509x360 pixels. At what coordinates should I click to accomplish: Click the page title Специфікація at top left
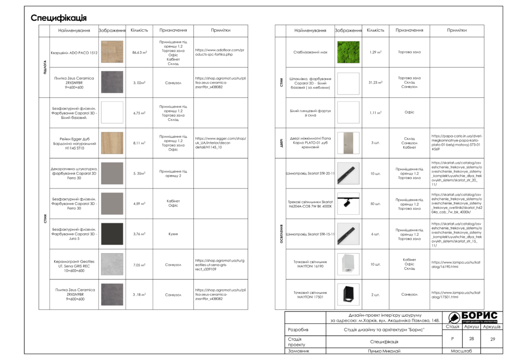59,18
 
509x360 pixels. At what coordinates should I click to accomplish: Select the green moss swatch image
348,52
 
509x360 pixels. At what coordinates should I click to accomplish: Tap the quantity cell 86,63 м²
140,52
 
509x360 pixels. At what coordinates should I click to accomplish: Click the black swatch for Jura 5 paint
112,234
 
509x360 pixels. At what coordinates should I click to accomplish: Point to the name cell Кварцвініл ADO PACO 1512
74,52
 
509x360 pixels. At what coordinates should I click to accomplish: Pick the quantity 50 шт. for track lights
375,204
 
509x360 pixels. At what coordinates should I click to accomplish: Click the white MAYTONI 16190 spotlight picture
348,264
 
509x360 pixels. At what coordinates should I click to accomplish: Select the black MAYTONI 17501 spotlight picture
348,294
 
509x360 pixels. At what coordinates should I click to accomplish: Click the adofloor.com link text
220,52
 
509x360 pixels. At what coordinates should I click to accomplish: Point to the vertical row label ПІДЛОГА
45,67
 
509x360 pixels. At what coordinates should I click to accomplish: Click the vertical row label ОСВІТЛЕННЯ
281,234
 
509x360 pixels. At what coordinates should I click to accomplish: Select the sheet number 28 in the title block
471,339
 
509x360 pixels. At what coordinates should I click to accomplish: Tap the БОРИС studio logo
472,317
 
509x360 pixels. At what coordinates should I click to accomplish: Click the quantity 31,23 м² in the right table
375,83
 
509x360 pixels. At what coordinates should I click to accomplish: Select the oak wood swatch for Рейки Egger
112,143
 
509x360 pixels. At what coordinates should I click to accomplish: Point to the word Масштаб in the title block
462,351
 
